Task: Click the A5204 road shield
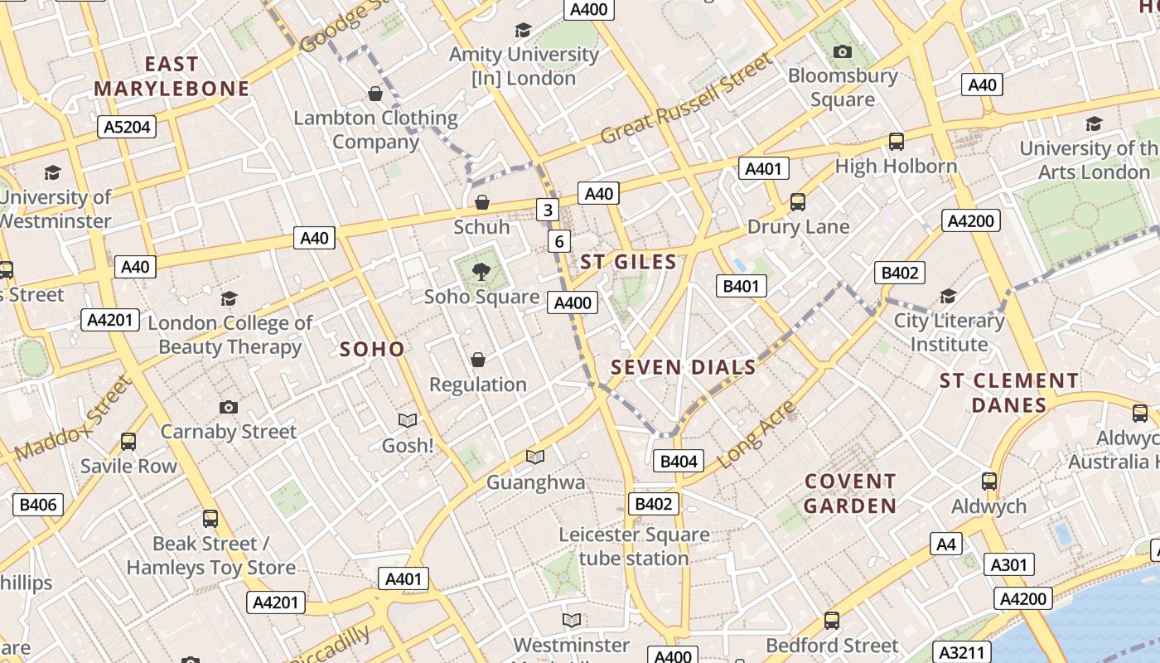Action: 127,127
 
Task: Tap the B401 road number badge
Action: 741,287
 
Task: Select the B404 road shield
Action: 679,462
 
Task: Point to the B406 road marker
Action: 38,504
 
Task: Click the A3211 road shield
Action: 962,651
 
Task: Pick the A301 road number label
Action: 1009,565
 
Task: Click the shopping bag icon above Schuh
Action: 482,202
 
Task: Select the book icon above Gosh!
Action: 407,421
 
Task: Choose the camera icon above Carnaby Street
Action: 229,407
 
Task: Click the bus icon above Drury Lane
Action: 798,201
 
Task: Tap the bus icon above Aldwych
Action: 988,482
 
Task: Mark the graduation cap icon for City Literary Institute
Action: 949,296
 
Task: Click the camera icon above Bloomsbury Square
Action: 843,52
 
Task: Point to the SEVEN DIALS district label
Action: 684,367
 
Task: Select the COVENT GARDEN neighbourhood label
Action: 850,493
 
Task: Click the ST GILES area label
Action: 628,262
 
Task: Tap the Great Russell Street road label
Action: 687,99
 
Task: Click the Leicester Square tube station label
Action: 634,546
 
